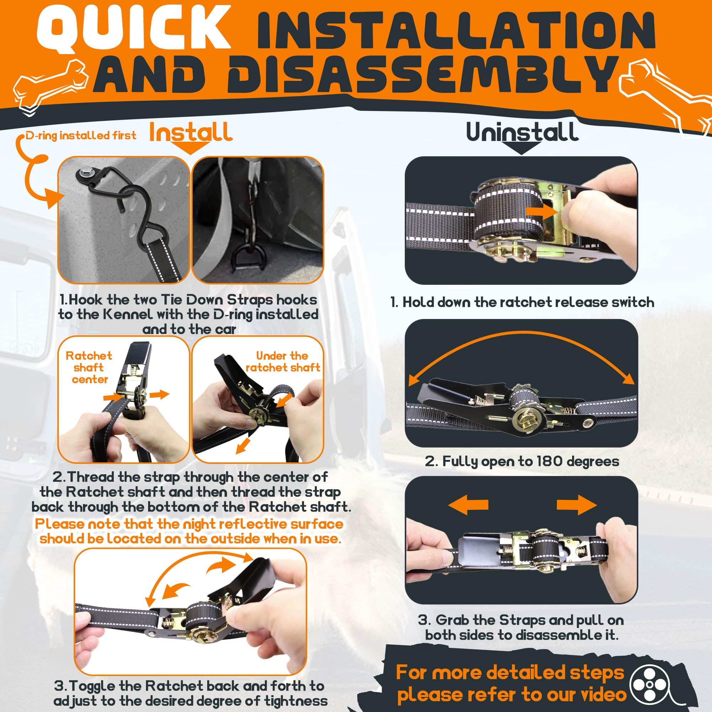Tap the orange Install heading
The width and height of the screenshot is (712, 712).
(191, 132)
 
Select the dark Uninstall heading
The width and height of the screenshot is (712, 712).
(522, 132)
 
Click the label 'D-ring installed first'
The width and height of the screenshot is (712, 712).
(81, 136)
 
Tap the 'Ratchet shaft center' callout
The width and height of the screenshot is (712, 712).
(89, 367)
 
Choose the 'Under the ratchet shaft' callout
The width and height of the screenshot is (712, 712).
(283, 362)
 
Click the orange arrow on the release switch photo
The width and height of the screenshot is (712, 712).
(540, 211)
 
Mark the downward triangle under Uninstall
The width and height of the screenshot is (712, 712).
(523, 148)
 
